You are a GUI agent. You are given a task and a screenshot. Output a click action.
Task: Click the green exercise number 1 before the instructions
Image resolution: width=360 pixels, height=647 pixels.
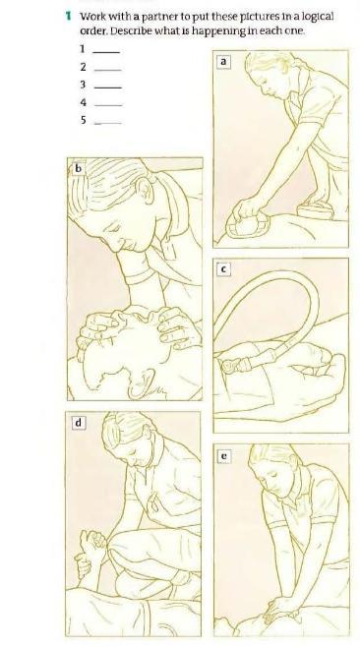point(69,17)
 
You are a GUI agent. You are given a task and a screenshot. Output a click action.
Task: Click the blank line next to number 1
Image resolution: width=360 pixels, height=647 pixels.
point(107,52)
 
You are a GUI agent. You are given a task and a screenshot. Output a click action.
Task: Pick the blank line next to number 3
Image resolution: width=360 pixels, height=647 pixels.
point(108,88)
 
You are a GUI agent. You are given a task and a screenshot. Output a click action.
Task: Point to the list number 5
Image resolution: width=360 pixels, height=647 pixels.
point(84,120)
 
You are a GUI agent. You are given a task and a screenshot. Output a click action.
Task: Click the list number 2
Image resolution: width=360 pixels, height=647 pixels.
point(84,67)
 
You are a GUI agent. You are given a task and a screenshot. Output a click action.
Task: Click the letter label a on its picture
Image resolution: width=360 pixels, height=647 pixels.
point(223,62)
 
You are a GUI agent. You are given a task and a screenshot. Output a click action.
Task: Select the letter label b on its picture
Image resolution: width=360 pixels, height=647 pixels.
point(78,168)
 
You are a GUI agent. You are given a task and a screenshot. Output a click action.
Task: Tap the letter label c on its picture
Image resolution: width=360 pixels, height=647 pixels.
point(223,269)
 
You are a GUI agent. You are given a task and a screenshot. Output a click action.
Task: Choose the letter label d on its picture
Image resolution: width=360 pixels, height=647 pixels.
point(79,423)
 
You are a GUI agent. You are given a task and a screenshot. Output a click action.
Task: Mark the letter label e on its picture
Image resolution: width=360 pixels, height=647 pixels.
point(223,456)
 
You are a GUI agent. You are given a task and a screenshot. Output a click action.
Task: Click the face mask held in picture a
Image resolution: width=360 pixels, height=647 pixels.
point(246,224)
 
